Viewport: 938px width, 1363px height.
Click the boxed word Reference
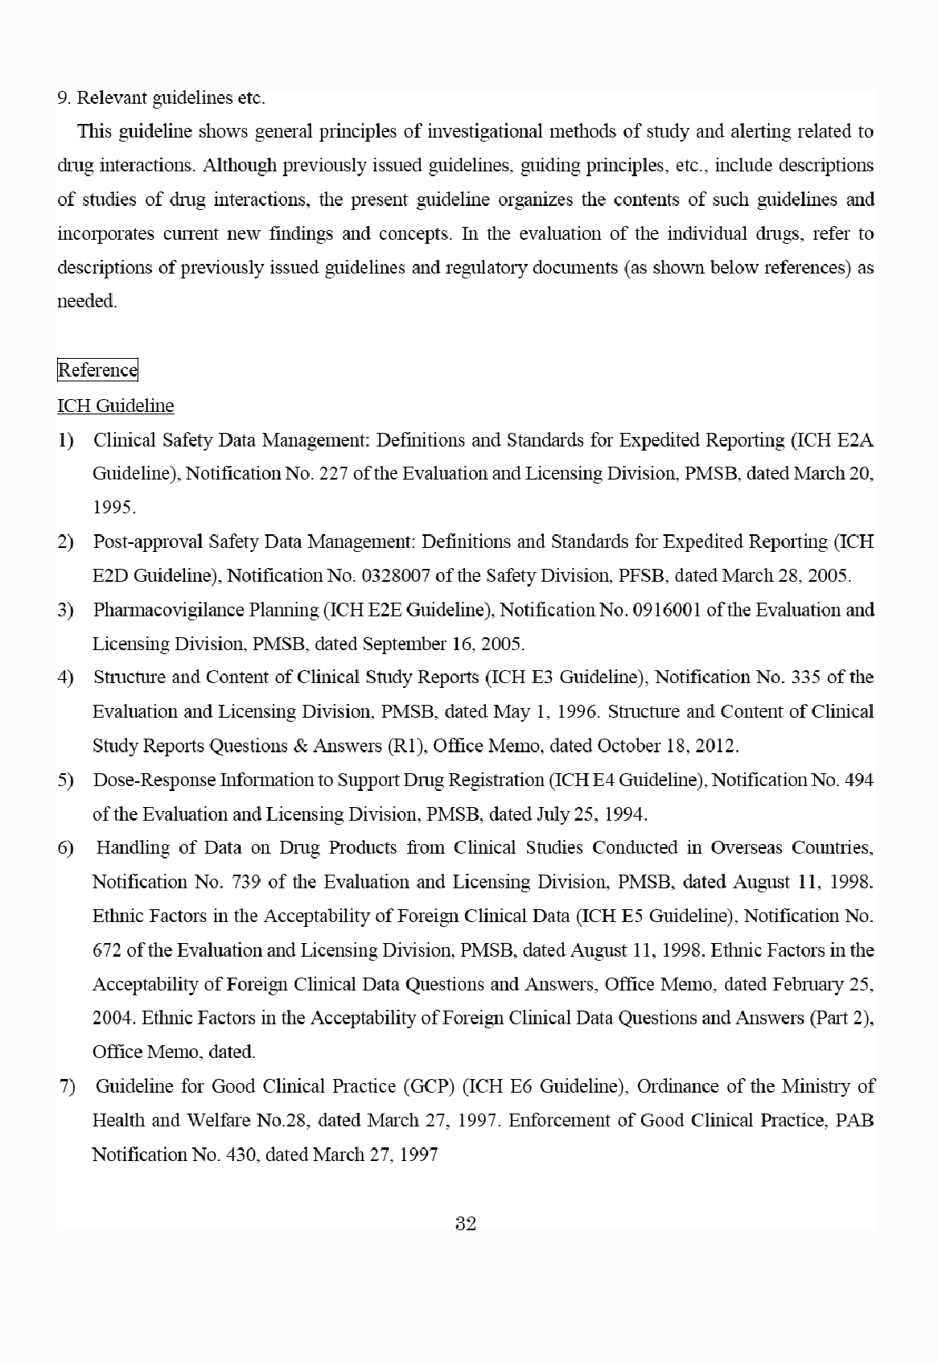coord(97,370)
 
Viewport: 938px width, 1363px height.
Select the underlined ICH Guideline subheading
coord(115,406)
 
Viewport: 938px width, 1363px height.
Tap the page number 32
coord(466,1224)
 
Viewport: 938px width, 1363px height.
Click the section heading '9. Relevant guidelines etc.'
coord(161,98)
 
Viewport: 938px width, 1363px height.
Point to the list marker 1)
coord(65,440)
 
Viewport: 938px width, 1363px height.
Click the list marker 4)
coord(65,677)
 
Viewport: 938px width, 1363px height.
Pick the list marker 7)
coord(67,1087)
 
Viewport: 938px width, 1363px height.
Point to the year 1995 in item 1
coord(113,508)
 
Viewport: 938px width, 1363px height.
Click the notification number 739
coord(245,881)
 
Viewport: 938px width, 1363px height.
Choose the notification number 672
coord(107,949)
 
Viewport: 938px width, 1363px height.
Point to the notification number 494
coord(858,780)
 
